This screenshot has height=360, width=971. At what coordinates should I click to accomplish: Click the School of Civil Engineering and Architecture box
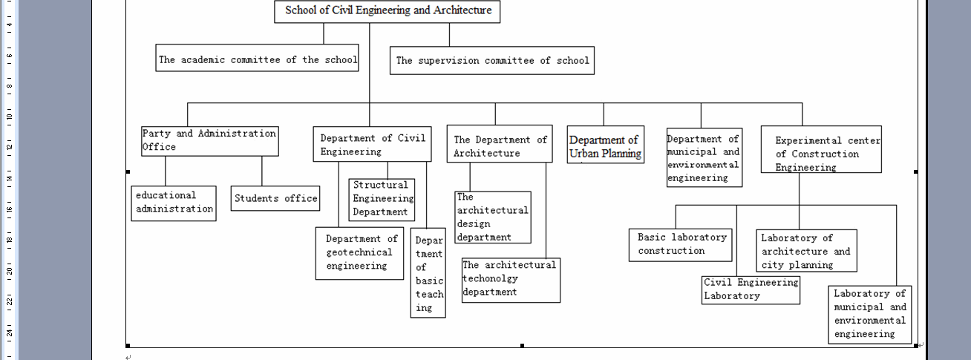[x=388, y=11]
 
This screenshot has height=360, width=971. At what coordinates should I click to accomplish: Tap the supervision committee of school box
[x=492, y=61]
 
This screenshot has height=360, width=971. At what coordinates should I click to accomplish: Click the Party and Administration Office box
[x=210, y=140]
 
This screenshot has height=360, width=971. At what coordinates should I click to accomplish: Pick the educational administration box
[x=174, y=203]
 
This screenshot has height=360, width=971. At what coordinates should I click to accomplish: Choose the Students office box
[x=275, y=198]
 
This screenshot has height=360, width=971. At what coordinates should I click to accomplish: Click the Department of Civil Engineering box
[x=372, y=145]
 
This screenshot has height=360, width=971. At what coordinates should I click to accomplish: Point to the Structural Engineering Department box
[x=382, y=198]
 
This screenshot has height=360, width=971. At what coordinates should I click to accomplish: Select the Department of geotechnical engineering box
[x=359, y=252]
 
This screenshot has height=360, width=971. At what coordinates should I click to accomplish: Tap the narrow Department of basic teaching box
[x=428, y=273]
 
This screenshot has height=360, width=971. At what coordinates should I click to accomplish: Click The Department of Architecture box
[x=500, y=145]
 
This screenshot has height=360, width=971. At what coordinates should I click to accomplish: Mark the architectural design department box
[x=493, y=217]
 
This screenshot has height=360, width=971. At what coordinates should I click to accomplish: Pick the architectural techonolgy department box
[x=510, y=279]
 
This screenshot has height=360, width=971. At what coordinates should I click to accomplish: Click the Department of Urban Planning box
[x=605, y=146]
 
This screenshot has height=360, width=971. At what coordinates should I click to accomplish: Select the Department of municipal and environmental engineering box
[x=704, y=158]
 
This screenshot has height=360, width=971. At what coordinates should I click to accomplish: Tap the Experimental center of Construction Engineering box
[x=821, y=153]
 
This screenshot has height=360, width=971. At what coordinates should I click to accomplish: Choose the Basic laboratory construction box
[x=681, y=244]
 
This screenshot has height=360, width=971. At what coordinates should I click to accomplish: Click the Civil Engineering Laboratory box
[x=751, y=289]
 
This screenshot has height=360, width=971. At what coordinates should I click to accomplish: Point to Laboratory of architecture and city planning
[x=806, y=251]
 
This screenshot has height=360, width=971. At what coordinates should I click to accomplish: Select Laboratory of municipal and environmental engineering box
[x=870, y=314]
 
